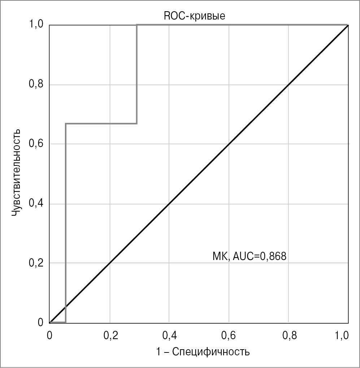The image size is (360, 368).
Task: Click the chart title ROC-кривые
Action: tap(195, 16)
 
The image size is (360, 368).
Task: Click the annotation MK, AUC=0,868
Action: tap(249, 257)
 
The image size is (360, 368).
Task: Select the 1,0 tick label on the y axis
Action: tap(36, 25)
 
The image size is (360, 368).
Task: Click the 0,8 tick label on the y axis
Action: tap(36, 85)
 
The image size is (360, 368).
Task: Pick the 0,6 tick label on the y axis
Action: tap(36, 144)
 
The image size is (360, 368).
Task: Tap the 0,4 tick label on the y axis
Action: tap(36, 204)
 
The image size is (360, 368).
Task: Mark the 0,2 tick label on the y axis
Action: tap(36, 263)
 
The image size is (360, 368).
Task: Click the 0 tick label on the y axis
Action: tap(41, 322)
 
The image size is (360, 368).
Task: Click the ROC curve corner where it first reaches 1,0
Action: tap(136, 25)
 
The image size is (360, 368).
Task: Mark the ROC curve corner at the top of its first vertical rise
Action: tap(65, 124)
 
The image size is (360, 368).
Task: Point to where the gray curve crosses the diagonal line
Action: tap(65, 307)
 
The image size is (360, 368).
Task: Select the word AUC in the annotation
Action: tap(244, 257)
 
